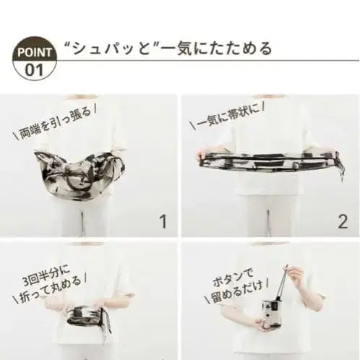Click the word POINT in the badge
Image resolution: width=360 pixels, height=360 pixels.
(x=34, y=52)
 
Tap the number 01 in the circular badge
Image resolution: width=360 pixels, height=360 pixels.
(x=34, y=70)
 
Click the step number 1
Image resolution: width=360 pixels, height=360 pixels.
(x=163, y=222)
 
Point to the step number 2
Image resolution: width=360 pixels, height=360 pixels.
(x=343, y=222)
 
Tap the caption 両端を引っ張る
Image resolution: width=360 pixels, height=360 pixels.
(x=55, y=124)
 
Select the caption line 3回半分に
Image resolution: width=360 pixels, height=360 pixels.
(x=46, y=274)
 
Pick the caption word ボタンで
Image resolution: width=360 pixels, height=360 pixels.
(x=233, y=277)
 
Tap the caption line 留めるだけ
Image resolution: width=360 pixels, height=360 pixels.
(x=236, y=292)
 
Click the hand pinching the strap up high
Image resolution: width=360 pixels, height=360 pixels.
(x=294, y=273)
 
